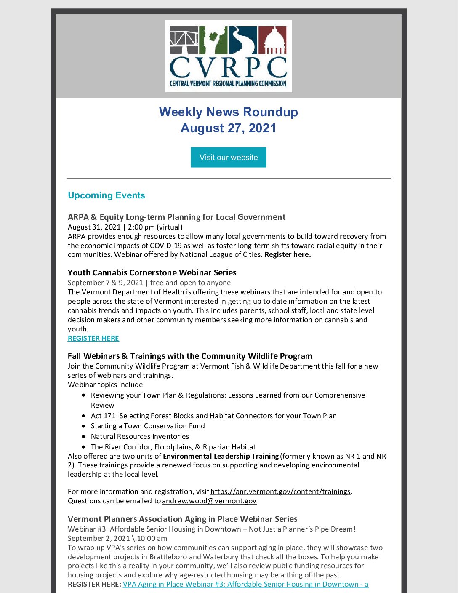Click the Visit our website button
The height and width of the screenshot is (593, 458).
[x=228, y=157]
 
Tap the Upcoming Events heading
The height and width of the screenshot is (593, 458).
[x=106, y=195]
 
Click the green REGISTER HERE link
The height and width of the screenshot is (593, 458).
[x=93, y=338]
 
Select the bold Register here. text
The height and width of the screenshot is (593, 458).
[x=288, y=254]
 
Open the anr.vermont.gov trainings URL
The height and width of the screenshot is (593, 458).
[x=280, y=491]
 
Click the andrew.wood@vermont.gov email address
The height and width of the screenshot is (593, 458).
[x=209, y=501]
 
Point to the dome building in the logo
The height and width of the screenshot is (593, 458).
[x=272, y=40]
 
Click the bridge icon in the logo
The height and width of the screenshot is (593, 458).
[x=184, y=40]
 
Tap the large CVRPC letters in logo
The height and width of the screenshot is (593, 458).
[x=228, y=67]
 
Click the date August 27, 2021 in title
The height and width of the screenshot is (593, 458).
[x=228, y=128]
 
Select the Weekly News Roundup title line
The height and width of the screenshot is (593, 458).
[x=228, y=112]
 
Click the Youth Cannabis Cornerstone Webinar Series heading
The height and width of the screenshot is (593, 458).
[x=152, y=272]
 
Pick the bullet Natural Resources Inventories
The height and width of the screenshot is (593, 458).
[x=140, y=436]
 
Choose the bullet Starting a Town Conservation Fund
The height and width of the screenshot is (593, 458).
[x=148, y=426]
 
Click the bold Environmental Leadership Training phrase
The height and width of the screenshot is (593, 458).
[x=221, y=456]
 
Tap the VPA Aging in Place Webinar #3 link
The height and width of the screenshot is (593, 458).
[x=245, y=584]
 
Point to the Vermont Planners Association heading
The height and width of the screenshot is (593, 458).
[x=182, y=519]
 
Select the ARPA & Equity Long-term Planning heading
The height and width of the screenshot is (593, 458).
[x=176, y=217]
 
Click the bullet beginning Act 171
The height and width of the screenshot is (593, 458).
[x=213, y=416]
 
